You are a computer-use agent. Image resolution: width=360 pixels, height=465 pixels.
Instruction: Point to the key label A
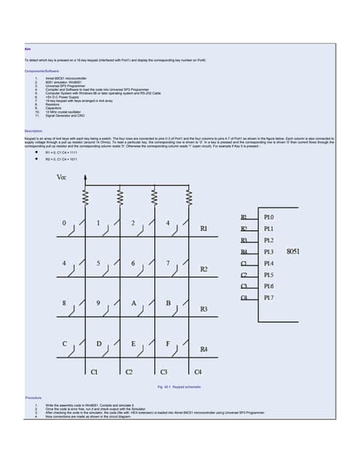click(132, 302)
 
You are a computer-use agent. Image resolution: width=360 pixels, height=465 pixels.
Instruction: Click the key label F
click(168, 342)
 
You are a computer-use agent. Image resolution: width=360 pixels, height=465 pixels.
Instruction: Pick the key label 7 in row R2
click(168, 262)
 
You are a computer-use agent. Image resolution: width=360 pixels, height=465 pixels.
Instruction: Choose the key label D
click(98, 342)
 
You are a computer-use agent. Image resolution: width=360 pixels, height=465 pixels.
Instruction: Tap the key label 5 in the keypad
click(98, 262)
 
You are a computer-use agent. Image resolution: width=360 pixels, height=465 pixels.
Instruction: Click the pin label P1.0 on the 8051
click(268, 217)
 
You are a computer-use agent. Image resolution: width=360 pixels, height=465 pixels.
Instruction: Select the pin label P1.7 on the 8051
click(268, 297)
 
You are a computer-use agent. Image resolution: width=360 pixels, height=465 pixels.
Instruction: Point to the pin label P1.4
click(268, 263)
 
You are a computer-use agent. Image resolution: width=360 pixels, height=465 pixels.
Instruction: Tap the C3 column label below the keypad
click(164, 372)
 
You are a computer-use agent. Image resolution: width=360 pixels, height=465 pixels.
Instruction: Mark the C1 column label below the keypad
click(94, 372)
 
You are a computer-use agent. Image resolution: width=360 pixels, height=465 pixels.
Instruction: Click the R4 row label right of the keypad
click(204, 350)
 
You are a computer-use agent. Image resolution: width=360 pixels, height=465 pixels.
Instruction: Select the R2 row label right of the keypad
click(204, 270)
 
